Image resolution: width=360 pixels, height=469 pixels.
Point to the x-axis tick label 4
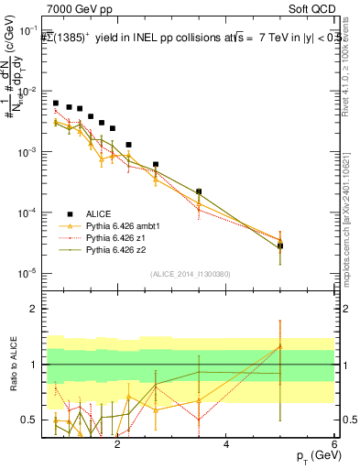pos(226,444)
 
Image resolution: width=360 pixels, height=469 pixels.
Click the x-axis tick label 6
pos(334,444)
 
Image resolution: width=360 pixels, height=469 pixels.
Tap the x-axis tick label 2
pos(117,444)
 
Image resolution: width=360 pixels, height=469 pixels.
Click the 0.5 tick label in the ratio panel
pos(30,420)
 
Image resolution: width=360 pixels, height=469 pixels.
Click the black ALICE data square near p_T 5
pos(280,245)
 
